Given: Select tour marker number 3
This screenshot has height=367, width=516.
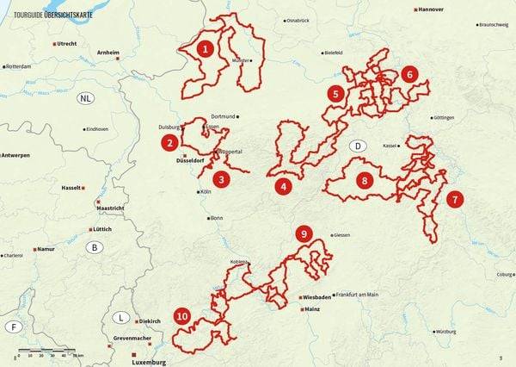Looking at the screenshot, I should [221, 180].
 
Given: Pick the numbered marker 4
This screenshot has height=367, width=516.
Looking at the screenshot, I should [283, 185].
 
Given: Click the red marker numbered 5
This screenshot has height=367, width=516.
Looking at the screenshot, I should [335, 92].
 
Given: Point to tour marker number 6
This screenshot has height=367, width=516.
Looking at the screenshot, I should [409, 74].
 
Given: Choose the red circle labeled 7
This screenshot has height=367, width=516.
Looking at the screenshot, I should [455, 199].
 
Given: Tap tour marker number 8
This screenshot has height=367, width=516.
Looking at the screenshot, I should [365, 181].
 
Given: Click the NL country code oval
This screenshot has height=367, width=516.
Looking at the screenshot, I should [85, 98].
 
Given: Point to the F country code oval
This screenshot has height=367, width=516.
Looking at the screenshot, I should [13, 327].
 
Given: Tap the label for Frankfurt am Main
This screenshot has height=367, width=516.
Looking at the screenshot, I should [357, 295].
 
